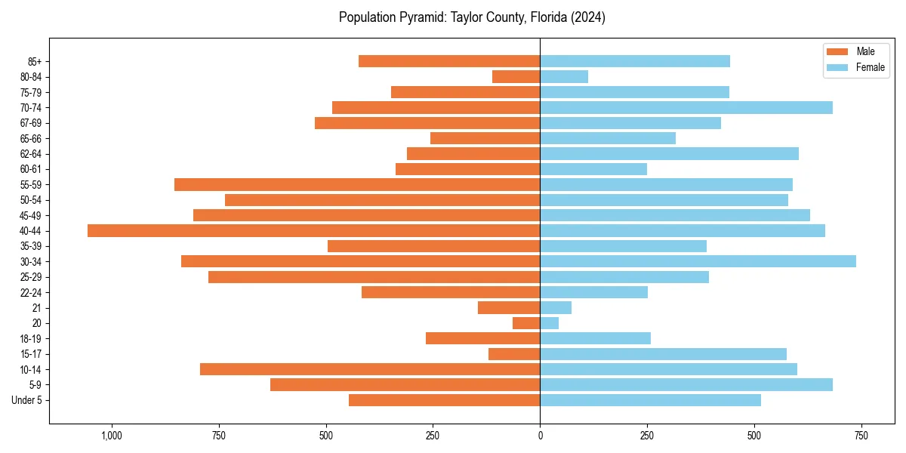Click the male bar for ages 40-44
313,231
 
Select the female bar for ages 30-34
698,261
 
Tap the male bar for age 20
526,323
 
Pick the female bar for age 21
556,308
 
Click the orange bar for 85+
449,61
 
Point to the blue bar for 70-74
686,107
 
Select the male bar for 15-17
514,354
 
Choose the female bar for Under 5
650,400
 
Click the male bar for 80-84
516,76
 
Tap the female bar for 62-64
669,154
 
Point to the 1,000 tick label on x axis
112,436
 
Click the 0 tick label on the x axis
540,436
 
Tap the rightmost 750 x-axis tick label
861,436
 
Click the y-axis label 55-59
31,185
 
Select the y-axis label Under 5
26,400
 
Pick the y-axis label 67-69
31,123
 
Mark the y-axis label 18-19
31,339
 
